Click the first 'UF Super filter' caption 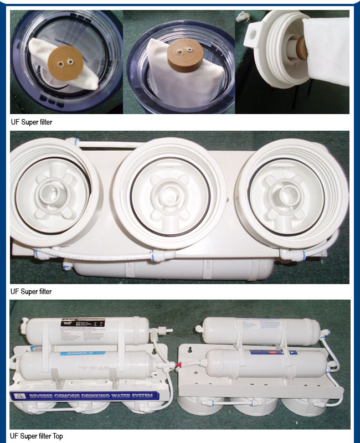(32, 122)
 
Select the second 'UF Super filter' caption (32, 292)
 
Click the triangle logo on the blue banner (18, 397)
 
